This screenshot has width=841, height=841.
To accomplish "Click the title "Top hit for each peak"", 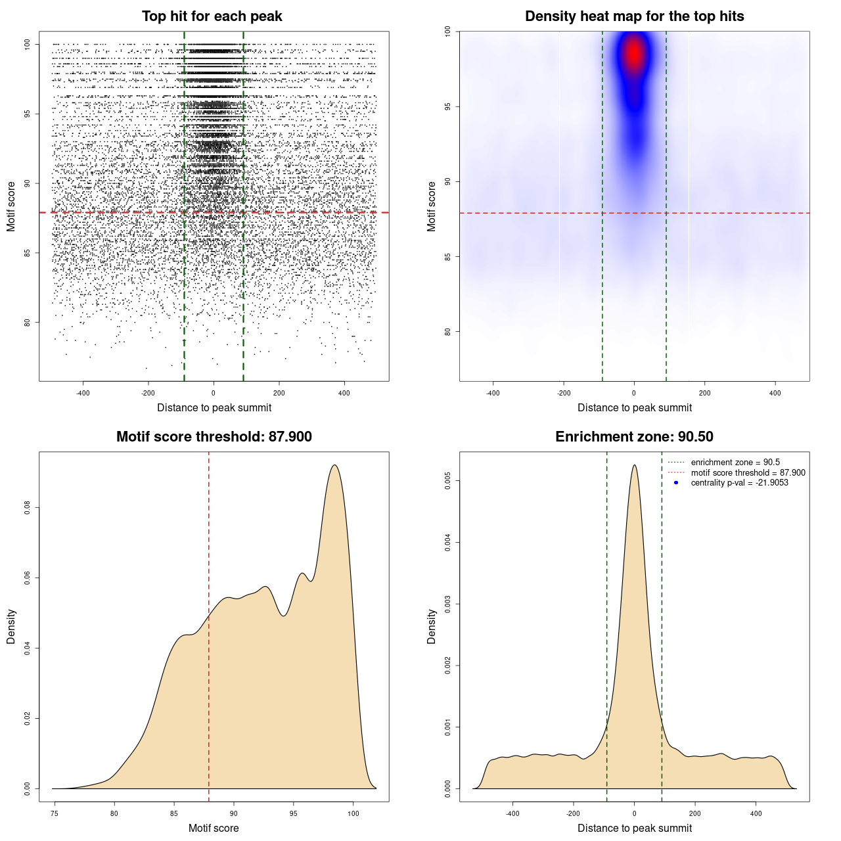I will point(212,16).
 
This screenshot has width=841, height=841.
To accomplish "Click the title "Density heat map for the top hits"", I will point(634,16).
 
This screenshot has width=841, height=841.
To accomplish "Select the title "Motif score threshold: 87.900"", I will point(214,437).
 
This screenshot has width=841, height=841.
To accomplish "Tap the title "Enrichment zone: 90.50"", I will point(634,437).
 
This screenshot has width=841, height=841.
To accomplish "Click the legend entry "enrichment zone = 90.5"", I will point(735,463).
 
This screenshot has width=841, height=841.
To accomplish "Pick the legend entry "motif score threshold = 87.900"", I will point(748,472).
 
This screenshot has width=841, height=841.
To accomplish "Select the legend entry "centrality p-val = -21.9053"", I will point(739,483).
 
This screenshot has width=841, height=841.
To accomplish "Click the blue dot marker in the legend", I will point(676,483).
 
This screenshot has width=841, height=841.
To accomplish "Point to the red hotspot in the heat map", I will point(633,54).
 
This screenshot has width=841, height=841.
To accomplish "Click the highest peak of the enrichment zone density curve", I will point(634,465).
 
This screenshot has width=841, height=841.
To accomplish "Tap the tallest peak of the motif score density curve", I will point(335,466).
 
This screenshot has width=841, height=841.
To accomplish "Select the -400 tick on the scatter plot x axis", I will point(83,393).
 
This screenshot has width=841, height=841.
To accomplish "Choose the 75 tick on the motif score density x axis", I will point(55,813).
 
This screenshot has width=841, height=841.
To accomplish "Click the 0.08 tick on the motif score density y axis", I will point(28,508).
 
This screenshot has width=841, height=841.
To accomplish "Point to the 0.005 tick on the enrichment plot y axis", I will point(448,481).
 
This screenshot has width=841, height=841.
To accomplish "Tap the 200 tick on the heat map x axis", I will point(704,393).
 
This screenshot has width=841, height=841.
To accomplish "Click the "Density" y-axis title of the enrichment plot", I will point(432,626).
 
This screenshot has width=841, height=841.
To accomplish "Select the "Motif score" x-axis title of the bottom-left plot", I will point(214,828).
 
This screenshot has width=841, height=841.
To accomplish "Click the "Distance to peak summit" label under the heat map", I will point(634,407).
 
